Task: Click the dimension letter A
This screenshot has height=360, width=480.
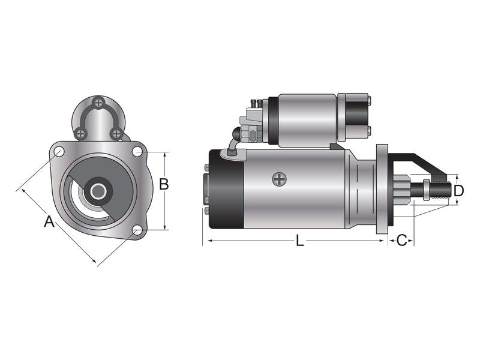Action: pos(49,221)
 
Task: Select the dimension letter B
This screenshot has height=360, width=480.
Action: pos(164,184)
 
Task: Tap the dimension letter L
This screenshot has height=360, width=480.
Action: pos(300,241)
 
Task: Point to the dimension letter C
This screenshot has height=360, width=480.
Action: pos(402,241)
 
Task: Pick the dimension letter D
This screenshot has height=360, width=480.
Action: pos(458,191)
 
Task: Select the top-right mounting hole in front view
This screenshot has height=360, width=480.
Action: pos(137,152)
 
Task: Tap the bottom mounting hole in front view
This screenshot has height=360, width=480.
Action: pos(137,230)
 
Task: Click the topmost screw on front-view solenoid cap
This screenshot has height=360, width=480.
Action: pos(99,103)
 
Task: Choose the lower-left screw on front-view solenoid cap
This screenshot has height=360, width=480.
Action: pos(81,133)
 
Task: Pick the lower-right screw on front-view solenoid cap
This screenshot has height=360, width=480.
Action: pos(116,133)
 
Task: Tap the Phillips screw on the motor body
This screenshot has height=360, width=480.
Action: pos(279,178)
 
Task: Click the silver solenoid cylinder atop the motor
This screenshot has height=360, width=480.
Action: pos(307,120)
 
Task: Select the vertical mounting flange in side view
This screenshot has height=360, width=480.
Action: pos(382,189)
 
